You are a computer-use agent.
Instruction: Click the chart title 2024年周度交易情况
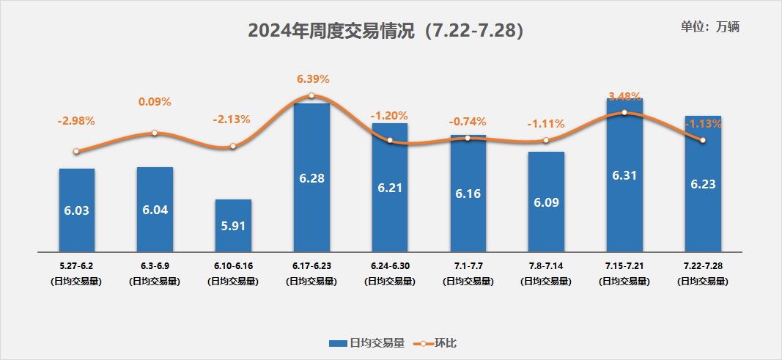pyautogui.click(x=386, y=31)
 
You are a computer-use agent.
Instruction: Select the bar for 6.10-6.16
pyautogui.click(x=233, y=224)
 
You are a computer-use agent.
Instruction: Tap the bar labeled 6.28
pyautogui.click(x=311, y=176)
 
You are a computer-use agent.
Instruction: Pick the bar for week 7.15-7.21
pyautogui.click(x=624, y=176)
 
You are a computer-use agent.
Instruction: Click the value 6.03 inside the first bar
pyautogui.click(x=76, y=210)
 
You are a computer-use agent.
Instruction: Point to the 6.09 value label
pyautogui.click(x=547, y=202)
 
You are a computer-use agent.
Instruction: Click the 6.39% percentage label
pyautogui.click(x=313, y=78)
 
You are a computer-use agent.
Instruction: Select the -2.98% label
pyautogui.click(x=76, y=120)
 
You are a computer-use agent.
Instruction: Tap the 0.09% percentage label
pyautogui.click(x=155, y=102)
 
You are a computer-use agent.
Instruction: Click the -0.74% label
pyautogui.click(x=467, y=122)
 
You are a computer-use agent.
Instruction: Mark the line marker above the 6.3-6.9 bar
pyautogui.click(x=155, y=133)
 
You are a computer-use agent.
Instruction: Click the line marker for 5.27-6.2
pyautogui.click(x=76, y=152)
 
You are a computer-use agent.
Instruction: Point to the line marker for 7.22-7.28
pyautogui.click(x=703, y=140)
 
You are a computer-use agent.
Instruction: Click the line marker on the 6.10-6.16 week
pyautogui.click(x=233, y=146)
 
